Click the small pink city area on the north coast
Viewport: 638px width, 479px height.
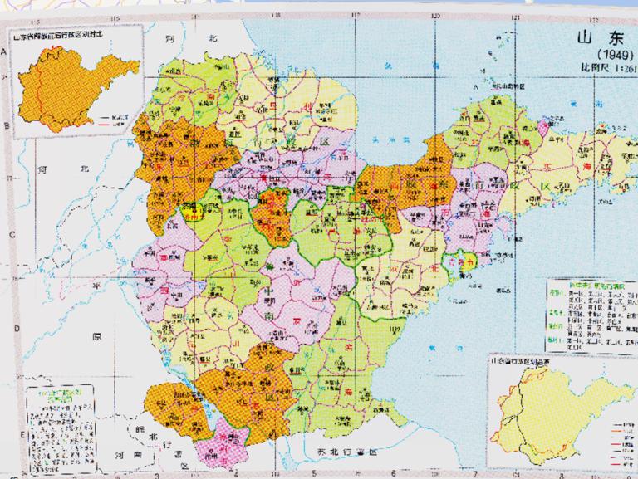tap(544, 127)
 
